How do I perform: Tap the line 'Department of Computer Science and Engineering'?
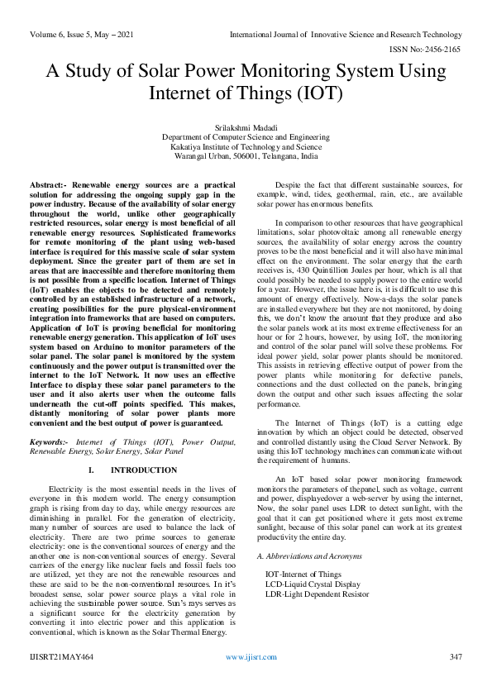[246, 138]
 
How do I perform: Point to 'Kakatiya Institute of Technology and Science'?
[246, 146]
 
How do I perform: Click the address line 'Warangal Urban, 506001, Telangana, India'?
[246, 155]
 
